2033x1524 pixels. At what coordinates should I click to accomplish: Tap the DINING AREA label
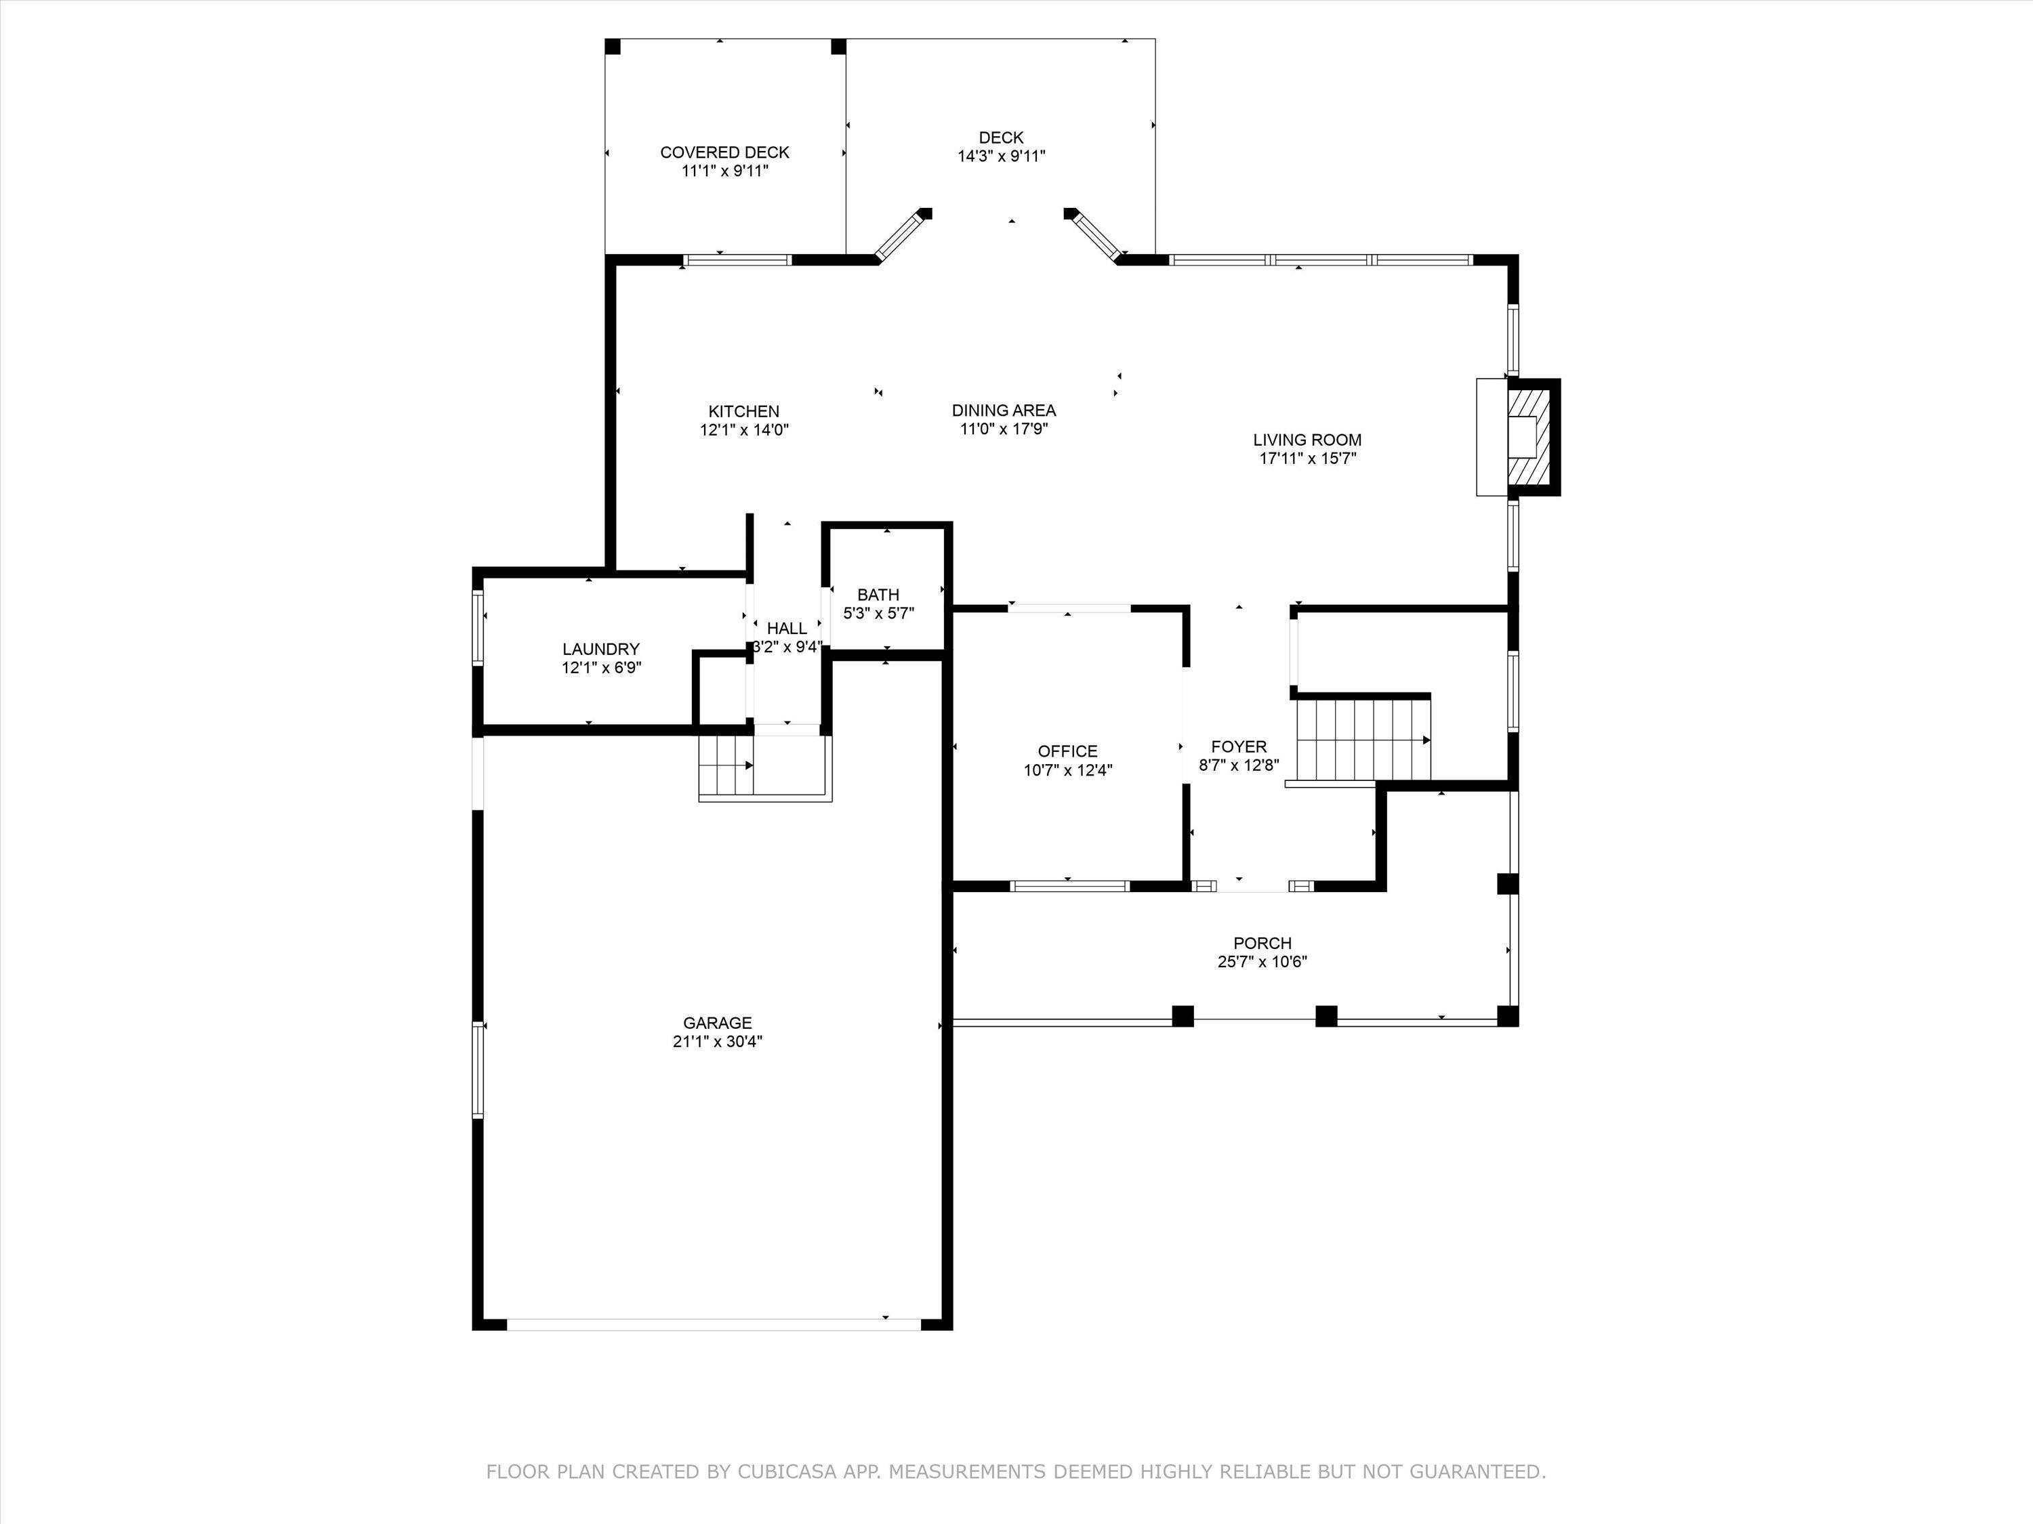click(1004, 410)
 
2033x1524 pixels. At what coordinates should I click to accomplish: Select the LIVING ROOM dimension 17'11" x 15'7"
click(1308, 459)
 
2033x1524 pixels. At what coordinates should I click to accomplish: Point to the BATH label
click(878, 594)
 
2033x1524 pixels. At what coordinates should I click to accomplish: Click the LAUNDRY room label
click(601, 650)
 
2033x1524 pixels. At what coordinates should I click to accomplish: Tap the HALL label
click(787, 629)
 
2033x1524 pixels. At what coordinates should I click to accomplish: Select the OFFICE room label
click(1067, 751)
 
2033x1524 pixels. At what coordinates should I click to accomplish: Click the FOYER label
click(1238, 747)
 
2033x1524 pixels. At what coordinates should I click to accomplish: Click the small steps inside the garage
click(726, 765)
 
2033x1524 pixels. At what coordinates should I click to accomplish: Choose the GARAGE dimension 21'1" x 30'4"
click(717, 1042)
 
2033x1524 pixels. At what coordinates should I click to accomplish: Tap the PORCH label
click(1262, 944)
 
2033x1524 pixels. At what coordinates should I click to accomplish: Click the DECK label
click(1001, 137)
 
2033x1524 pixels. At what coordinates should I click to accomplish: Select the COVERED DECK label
click(724, 152)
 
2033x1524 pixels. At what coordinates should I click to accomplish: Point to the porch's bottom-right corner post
click(1507, 1016)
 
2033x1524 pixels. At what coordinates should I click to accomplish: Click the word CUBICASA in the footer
click(787, 1472)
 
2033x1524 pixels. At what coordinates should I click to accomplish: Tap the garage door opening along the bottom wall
click(713, 1324)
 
